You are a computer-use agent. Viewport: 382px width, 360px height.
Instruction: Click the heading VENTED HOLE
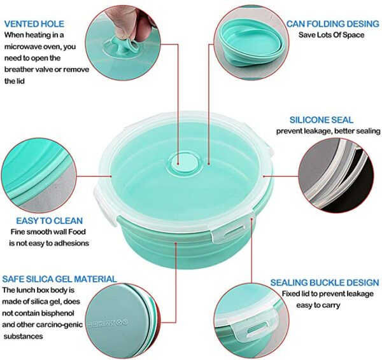34,24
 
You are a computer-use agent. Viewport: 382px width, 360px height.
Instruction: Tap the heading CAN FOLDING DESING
333,24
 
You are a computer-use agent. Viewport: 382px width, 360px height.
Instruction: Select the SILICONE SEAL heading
322,120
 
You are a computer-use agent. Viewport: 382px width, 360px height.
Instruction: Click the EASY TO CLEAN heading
50,221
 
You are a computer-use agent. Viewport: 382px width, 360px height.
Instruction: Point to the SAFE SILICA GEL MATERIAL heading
60,279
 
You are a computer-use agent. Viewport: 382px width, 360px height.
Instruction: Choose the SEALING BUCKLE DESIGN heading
325,282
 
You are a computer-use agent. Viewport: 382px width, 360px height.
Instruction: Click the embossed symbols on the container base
108,323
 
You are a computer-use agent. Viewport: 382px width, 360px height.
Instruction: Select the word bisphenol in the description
57,313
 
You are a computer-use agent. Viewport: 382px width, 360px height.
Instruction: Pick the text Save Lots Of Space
331,35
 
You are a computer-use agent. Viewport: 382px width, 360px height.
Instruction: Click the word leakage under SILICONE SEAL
318,131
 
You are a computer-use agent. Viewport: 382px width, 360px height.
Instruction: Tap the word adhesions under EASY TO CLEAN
71,243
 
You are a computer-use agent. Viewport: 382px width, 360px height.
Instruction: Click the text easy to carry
318,305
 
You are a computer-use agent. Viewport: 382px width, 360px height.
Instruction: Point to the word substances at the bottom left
23,336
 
